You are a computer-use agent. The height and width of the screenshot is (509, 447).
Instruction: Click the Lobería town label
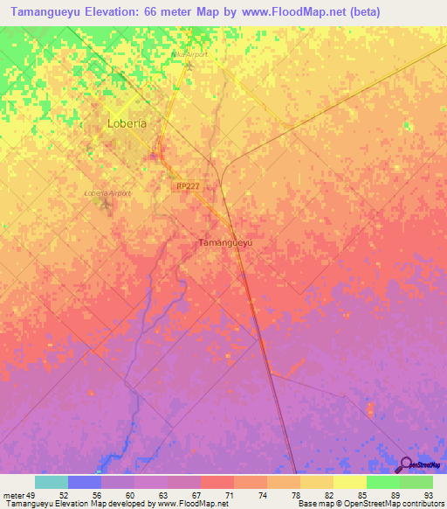tap(126, 123)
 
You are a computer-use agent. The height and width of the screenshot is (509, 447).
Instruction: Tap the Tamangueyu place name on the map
tap(226, 242)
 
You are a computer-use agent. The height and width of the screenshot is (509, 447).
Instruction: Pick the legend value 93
tap(428, 494)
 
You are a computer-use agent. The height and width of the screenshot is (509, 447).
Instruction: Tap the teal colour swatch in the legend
tap(52, 482)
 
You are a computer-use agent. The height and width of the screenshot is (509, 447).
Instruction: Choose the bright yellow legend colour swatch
tap(349, 482)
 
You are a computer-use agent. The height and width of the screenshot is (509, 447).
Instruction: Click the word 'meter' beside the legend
tap(13, 494)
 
